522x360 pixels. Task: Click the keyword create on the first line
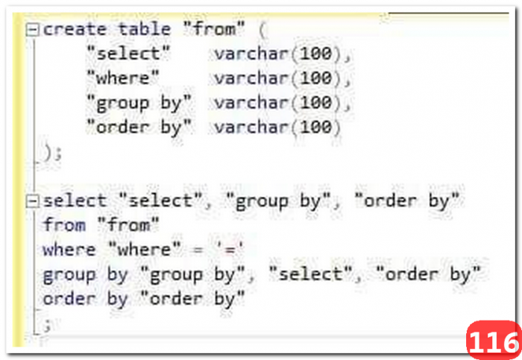[75, 29]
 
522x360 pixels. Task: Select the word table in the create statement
[145, 29]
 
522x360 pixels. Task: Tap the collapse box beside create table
[32, 30]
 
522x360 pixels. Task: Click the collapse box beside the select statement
[32, 201]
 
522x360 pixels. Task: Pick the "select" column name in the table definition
[128, 54]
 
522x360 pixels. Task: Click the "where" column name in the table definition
[123, 78]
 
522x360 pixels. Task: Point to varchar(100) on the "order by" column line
[277, 127]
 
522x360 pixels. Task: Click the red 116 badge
[494, 340]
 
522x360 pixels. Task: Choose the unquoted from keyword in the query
[64, 225]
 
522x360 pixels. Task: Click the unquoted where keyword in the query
[69, 250]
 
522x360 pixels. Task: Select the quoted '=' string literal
[230, 249]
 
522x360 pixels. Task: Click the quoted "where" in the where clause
[145, 249]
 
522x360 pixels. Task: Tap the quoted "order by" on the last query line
[192, 298]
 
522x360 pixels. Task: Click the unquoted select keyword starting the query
[75, 201]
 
